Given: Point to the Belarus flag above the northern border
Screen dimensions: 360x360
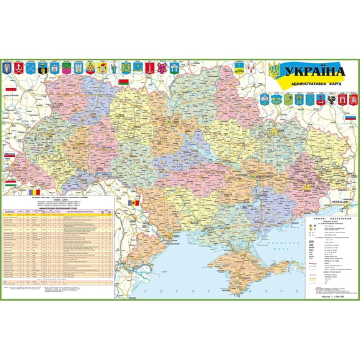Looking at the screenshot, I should point(124,81).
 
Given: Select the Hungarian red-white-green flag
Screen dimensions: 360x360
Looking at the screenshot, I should point(9,184).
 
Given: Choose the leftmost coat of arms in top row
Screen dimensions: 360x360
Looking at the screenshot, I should point(7,67).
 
